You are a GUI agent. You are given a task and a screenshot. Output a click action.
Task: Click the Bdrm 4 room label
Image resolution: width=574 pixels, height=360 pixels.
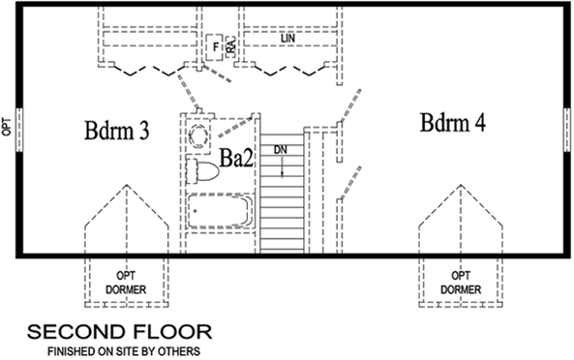(x=453, y=123)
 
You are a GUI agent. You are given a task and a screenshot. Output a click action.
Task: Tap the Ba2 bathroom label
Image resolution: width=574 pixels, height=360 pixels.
(x=236, y=159)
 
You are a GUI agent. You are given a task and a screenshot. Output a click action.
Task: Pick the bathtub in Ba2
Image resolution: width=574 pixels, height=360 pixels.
(x=219, y=210)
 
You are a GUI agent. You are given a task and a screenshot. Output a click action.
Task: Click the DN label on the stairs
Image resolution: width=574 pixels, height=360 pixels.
(x=280, y=150)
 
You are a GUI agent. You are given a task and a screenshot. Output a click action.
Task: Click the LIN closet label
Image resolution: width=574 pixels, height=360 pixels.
(x=287, y=39)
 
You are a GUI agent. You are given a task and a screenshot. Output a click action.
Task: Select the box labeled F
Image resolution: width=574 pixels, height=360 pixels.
(x=215, y=45)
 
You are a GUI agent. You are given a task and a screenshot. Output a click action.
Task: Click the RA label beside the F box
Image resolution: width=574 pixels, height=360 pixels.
(x=232, y=45)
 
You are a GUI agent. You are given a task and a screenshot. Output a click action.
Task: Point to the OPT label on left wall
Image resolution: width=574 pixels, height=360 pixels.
(x=7, y=127)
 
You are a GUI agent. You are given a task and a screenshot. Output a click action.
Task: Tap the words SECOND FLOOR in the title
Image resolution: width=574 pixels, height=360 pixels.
(x=119, y=332)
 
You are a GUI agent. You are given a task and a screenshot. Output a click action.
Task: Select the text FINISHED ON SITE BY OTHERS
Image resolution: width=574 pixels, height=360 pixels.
(x=120, y=350)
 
